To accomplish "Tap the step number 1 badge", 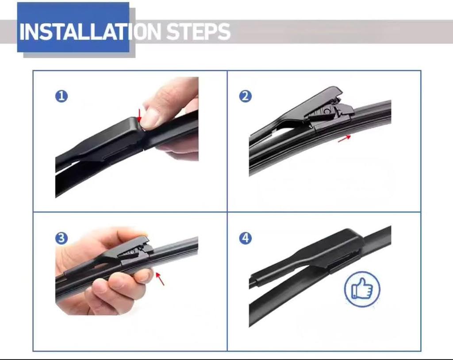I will click(x=61, y=96).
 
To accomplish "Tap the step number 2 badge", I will click(x=245, y=96).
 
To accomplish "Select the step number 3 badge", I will click(x=61, y=238).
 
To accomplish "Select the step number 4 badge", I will click(x=245, y=238).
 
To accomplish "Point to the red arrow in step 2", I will click(x=344, y=138).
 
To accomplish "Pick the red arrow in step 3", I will click(x=160, y=279).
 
